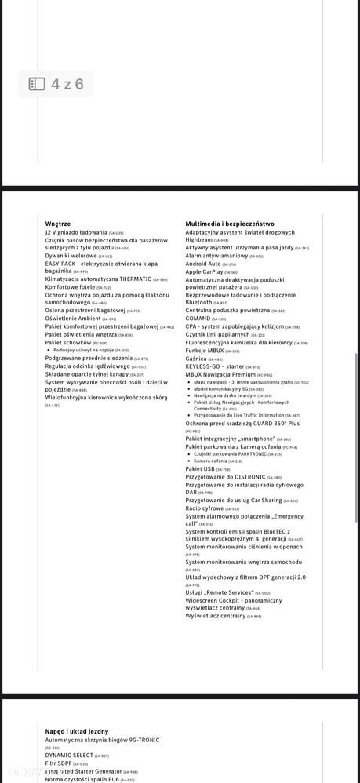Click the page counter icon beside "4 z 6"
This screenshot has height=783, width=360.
point(37,84)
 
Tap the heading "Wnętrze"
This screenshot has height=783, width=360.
point(58,224)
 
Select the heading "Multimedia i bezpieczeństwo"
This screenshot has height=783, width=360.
point(229,224)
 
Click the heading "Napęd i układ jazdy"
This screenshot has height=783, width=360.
point(77,731)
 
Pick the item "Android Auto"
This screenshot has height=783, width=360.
point(203,264)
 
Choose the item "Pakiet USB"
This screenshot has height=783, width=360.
point(200,469)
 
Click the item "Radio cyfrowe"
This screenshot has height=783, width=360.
point(205,508)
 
